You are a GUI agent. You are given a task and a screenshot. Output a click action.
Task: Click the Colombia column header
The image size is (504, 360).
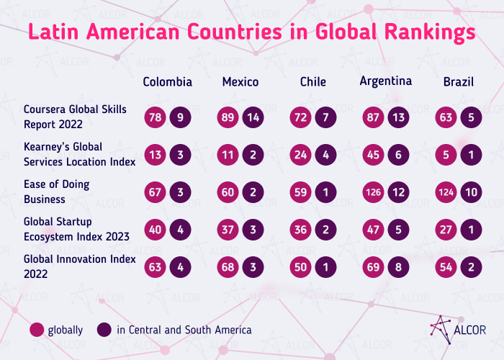click(x=168, y=81)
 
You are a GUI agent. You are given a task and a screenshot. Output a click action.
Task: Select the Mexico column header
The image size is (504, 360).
click(x=240, y=81)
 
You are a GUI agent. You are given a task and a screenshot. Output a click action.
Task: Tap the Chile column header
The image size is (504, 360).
click(x=312, y=81)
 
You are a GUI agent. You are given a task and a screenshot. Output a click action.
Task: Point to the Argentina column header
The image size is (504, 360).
click(x=385, y=81)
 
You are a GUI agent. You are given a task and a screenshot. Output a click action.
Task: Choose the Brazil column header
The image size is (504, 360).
click(x=458, y=81)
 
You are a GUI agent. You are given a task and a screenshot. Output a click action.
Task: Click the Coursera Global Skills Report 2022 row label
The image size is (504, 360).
click(x=75, y=115)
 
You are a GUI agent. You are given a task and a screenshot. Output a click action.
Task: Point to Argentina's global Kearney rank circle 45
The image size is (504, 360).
click(x=373, y=153)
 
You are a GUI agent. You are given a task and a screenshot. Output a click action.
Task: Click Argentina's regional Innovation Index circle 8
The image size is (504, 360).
click(x=398, y=266)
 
